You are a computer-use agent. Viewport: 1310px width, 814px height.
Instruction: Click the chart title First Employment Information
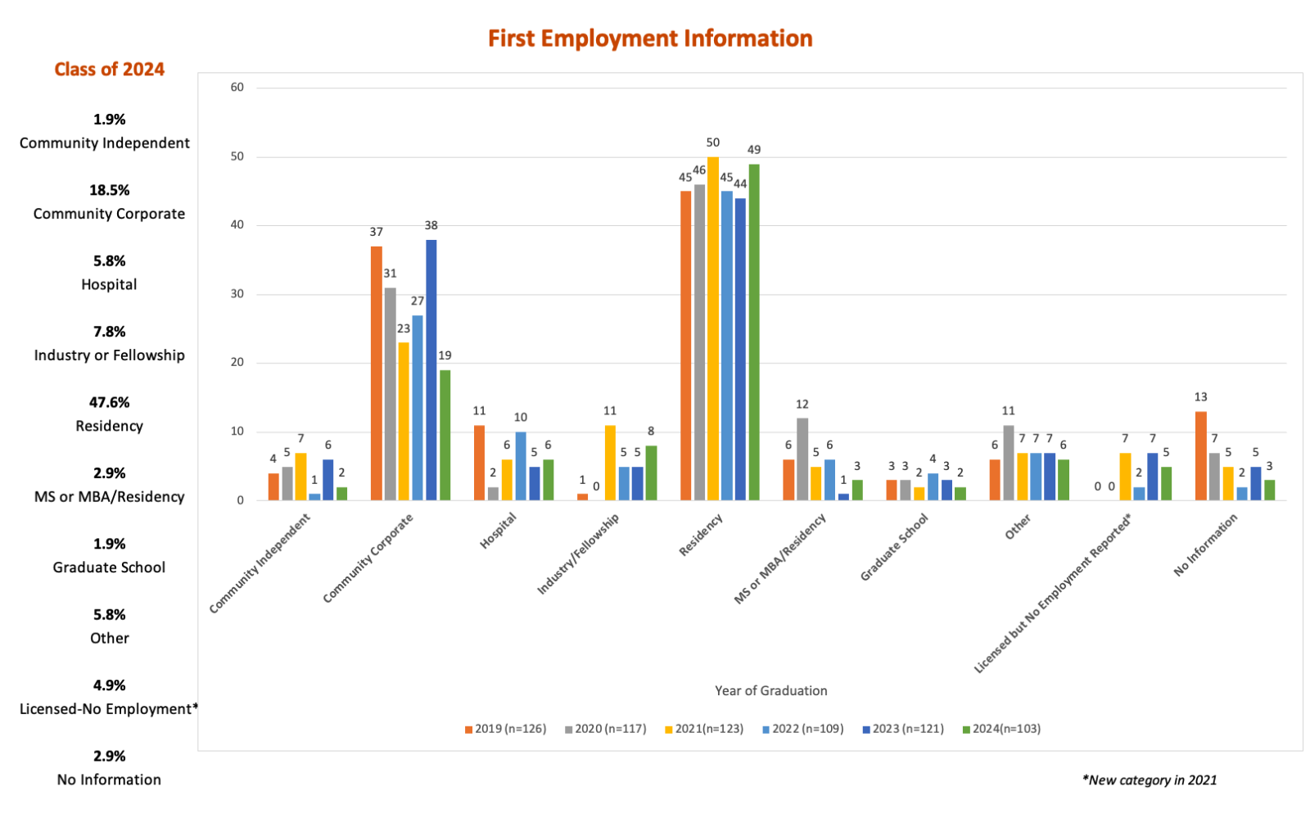(x=650, y=38)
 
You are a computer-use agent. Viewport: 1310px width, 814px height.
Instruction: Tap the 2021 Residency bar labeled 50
(x=713, y=328)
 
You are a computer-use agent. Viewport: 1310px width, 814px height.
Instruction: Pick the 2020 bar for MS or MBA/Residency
(x=802, y=459)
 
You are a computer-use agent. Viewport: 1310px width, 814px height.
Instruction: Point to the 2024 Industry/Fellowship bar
(x=651, y=473)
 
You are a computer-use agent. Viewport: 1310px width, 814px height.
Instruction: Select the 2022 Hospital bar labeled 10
(x=521, y=466)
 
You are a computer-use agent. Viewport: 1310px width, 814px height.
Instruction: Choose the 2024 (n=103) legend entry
(x=1001, y=729)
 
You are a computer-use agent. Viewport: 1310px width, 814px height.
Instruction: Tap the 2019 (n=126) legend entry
(x=505, y=729)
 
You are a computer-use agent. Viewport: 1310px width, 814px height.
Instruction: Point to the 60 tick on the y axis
(x=237, y=88)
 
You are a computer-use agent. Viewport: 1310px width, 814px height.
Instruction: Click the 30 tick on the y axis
(x=237, y=294)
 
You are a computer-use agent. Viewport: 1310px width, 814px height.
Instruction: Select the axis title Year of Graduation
(x=770, y=690)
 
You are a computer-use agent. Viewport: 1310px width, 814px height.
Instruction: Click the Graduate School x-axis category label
(x=894, y=547)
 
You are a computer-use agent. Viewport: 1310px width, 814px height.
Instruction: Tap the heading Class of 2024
(x=110, y=70)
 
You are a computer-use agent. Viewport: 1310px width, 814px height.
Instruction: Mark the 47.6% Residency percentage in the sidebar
(x=109, y=402)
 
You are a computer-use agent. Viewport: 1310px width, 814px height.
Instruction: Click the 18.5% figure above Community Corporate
(x=109, y=190)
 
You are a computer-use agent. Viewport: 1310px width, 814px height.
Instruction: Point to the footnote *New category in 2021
(x=1150, y=780)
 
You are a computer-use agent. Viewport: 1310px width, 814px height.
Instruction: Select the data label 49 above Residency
(x=754, y=150)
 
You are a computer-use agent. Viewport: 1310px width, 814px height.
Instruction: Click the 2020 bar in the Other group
(x=1009, y=463)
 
